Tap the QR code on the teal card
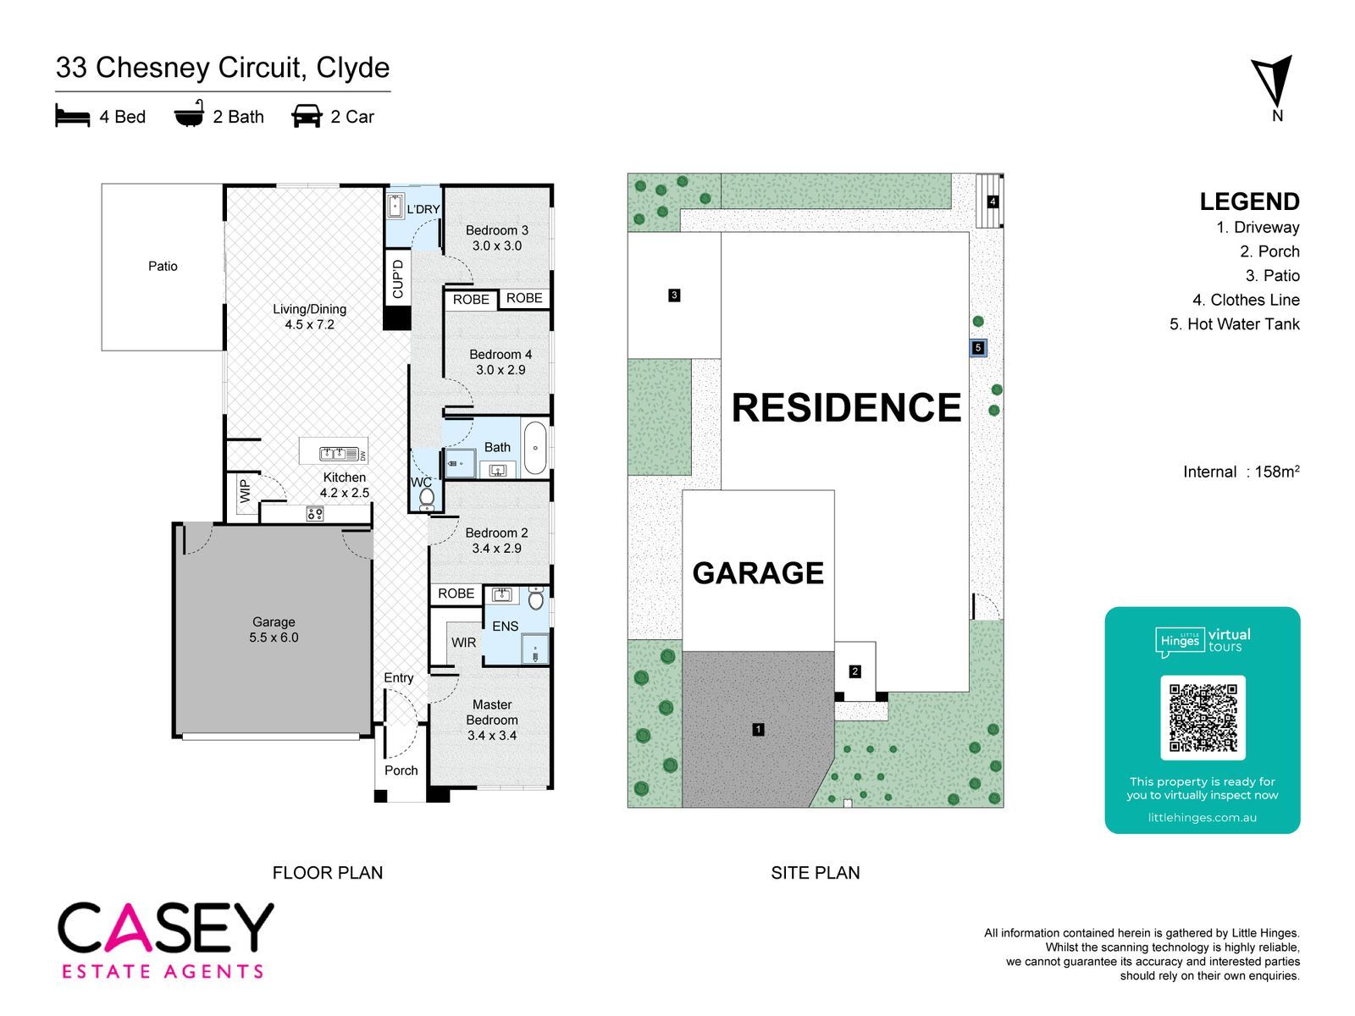pyautogui.click(x=1203, y=717)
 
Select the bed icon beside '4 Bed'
pyautogui.click(x=72, y=115)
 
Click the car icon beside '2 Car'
pyautogui.click(x=307, y=116)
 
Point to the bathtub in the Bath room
pyautogui.click(x=534, y=447)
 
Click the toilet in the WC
pyautogui.click(x=426, y=498)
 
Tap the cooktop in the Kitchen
pyautogui.click(x=314, y=513)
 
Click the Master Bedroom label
pyautogui.click(x=492, y=720)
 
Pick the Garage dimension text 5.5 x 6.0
pyautogui.click(x=274, y=638)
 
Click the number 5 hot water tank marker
pyautogui.click(x=977, y=348)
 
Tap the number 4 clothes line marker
pyautogui.click(x=992, y=202)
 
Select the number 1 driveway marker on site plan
pyautogui.click(x=758, y=729)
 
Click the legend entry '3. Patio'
pyautogui.click(x=1272, y=275)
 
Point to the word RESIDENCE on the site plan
pyautogui.click(x=846, y=408)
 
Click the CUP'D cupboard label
pyautogui.click(x=397, y=279)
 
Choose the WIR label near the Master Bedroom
pyautogui.click(x=463, y=642)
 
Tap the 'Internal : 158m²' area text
pyautogui.click(x=1241, y=472)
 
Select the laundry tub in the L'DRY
pyautogui.click(x=395, y=206)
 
